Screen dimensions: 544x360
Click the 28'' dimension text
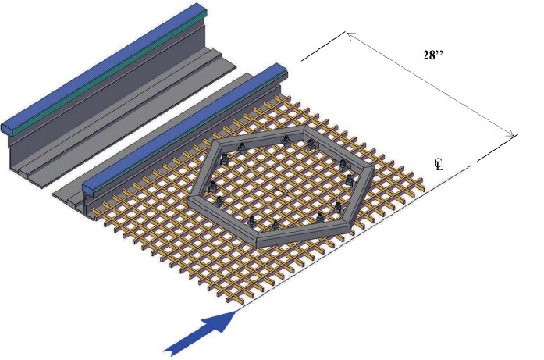point(433,55)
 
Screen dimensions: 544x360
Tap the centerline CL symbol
point(439,165)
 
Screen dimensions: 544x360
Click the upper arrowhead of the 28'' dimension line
point(351,35)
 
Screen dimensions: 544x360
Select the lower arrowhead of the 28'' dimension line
point(510,134)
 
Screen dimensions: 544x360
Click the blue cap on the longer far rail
point(104,66)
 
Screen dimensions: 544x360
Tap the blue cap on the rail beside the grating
point(184,128)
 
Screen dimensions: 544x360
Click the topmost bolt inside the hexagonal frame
point(286,141)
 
